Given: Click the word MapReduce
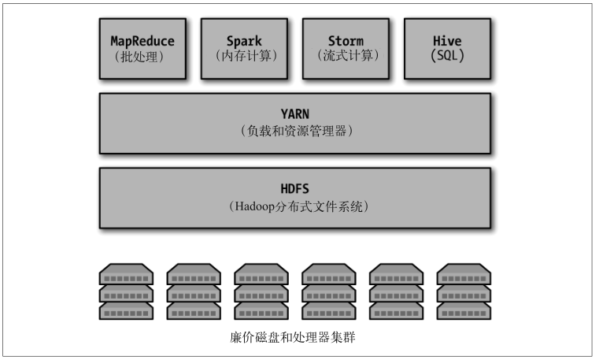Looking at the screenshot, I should (142, 40).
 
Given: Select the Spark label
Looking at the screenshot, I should (244, 40).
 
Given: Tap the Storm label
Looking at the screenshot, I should (345, 40).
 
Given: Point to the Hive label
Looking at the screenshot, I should (447, 40).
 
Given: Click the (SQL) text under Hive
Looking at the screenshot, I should (447, 56).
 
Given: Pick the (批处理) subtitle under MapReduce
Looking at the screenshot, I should (142, 56).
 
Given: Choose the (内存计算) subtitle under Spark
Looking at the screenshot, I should (244, 56).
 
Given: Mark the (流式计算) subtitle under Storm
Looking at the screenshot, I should (345, 56).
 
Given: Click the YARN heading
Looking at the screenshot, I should (295, 113).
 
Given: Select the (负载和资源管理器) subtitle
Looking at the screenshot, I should (295, 131).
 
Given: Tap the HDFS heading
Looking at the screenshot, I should (295, 189).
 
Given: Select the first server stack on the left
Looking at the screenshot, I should (126, 291).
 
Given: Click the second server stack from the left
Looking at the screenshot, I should (194, 291).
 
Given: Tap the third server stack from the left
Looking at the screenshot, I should (261, 291).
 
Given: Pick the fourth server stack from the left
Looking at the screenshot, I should (329, 291).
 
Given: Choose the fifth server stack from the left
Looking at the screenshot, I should (397, 291).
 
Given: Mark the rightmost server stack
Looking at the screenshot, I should (464, 291).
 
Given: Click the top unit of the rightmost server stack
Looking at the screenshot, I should (464, 275).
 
